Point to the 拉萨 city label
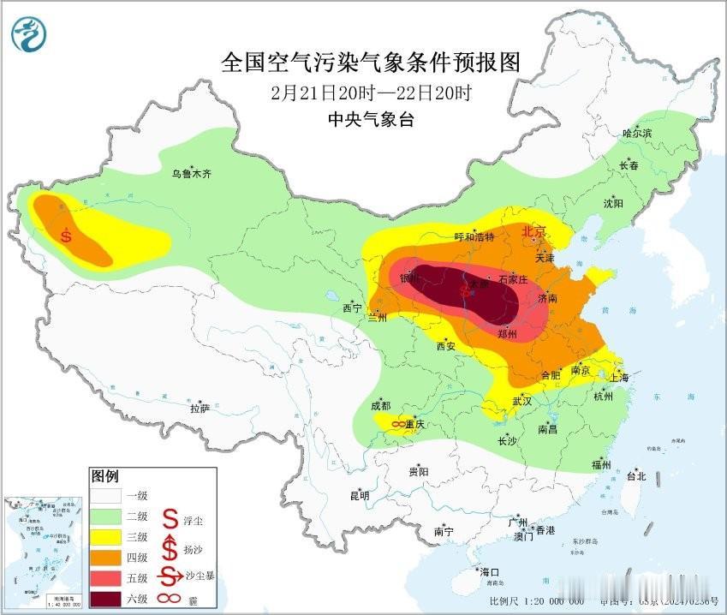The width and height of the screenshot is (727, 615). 199,409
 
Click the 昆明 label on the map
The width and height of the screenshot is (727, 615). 359,495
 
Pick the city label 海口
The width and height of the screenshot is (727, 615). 489,572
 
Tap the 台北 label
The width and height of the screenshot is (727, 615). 635,476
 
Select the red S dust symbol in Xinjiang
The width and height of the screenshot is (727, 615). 66,234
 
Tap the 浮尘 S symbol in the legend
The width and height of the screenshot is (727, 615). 170,518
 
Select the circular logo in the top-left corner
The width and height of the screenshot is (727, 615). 29,33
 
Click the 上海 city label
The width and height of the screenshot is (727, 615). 618,378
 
